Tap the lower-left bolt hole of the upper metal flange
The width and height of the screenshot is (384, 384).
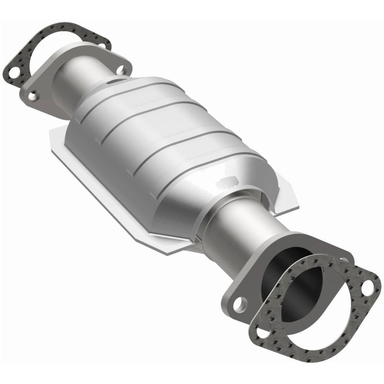tap(32, 96)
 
